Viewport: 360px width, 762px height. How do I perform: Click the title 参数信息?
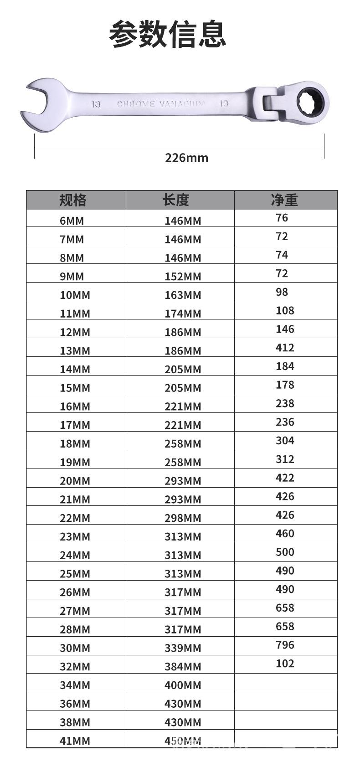pyautogui.click(x=168, y=34)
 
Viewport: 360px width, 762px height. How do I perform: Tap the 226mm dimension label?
pyautogui.click(x=186, y=158)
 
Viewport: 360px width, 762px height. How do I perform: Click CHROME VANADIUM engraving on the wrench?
pyautogui.click(x=161, y=104)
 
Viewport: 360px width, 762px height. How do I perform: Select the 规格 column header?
pyautogui.click(x=73, y=200)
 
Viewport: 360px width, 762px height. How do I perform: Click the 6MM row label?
pyautogui.click(x=72, y=221)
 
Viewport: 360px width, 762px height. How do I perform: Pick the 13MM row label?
pyautogui.click(x=75, y=350)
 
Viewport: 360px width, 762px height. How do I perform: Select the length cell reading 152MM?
pyautogui.click(x=183, y=276)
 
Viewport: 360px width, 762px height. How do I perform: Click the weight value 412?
pyautogui.click(x=285, y=348)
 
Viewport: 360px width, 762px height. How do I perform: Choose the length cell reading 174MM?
pyautogui.click(x=183, y=314)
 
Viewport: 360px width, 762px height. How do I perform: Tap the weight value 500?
pyautogui.click(x=285, y=552)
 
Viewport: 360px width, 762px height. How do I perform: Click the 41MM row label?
pyautogui.click(x=75, y=741)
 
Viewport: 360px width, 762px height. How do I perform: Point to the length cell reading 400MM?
pyautogui.click(x=183, y=685)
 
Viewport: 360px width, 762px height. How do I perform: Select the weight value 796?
pyautogui.click(x=285, y=645)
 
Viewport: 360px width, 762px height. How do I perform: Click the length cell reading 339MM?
pyautogui.click(x=183, y=648)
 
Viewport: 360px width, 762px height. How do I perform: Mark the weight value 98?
pyautogui.click(x=282, y=292)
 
